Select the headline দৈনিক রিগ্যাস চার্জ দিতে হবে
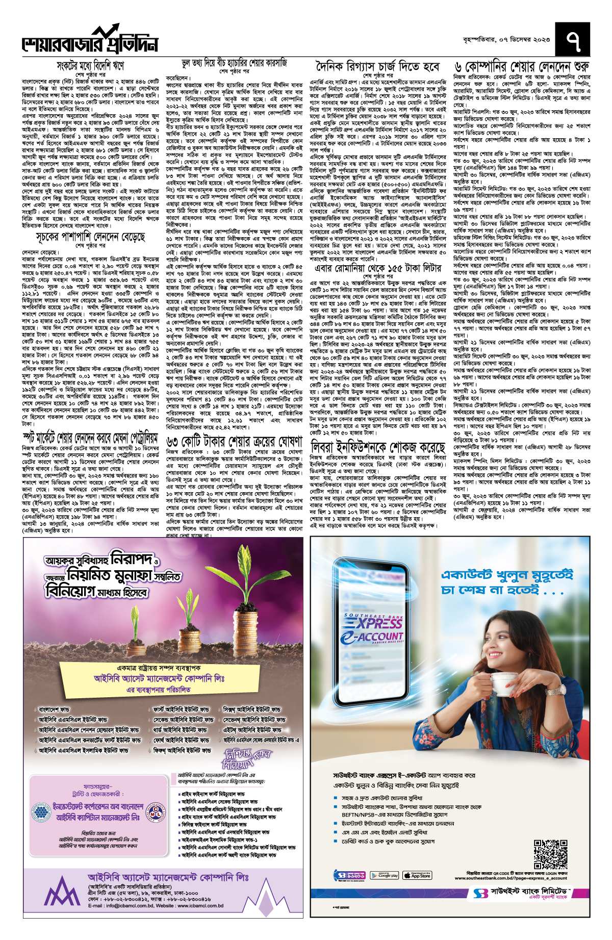pyautogui.click(x=377, y=66)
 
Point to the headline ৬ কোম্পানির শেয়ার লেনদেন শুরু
pyautogui.click(x=522, y=67)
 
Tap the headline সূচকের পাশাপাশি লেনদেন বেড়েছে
pyautogui.click(x=90, y=237)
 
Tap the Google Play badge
pyautogui.click(x=384, y=875)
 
